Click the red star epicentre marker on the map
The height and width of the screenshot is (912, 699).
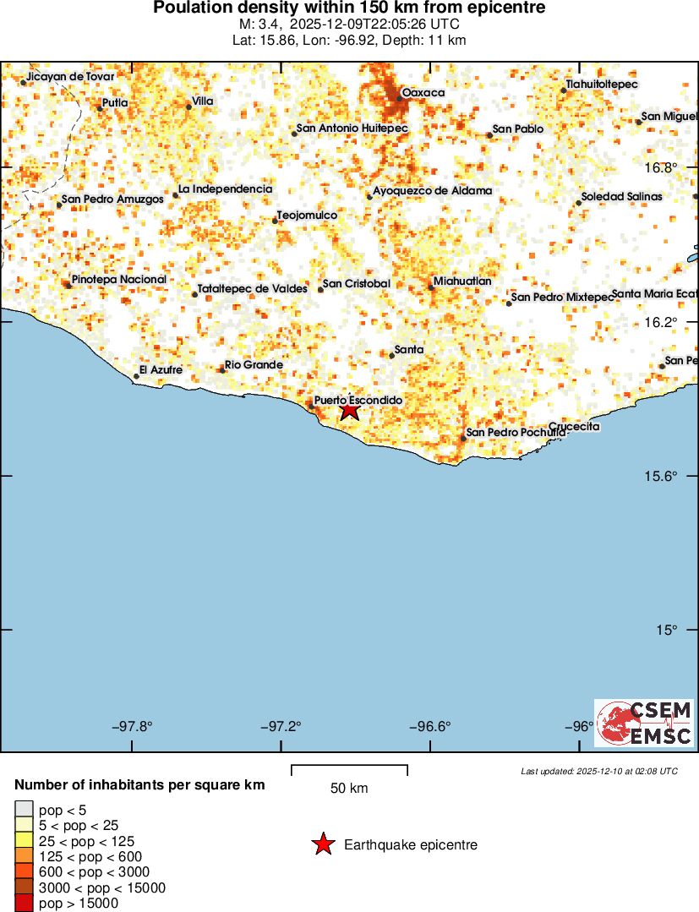pyautogui.click(x=350, y=412)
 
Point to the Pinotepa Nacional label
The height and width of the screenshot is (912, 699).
pyautogui.click(x=119, y=279)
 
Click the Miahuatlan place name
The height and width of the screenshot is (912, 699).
pyautogui.click(x=461, y=281)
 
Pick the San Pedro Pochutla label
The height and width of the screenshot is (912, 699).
pyautogui.click(x=516, y=433)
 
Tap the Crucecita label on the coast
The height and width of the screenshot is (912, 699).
pyautogui.click(x=574, y=427)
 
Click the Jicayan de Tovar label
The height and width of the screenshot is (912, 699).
pyautogui.click(x=70, y=76)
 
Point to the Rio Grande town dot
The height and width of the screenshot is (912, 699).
pyautogui.click(x=222, y=370)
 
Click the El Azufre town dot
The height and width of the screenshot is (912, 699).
pyautogui.click(x=136, y=376)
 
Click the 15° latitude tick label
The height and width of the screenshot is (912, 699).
pyautogui.click(x=668, y=630)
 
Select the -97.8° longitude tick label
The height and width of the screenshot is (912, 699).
pyautogui.click(x=134, y=726)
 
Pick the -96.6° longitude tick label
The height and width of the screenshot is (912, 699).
pyautogui.click(x=431, y=726)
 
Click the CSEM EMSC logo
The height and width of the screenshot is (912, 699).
pyautogui.click(x=644, y=723)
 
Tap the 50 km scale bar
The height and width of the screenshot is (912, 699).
pyautogui.click(x=349, y=770)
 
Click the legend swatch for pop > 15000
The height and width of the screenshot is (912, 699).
pyautogui.click(x=25, y=904)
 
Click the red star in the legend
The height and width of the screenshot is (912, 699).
pyautogui.click(x=322, y=844)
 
